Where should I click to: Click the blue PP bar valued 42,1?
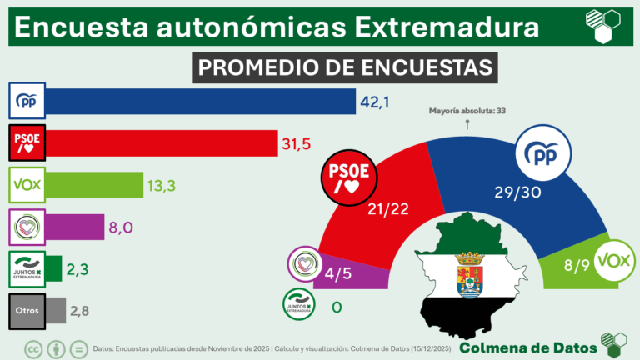coord(200,102)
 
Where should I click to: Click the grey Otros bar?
coord(57,310)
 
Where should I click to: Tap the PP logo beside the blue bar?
coord(27,102)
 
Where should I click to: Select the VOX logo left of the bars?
coord(27,183)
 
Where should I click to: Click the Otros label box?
coord(27,310)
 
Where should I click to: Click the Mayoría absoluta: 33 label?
coord(467,110)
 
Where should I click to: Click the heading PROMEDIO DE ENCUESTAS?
coord(344,67)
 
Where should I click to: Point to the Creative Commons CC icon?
coord(35,348)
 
